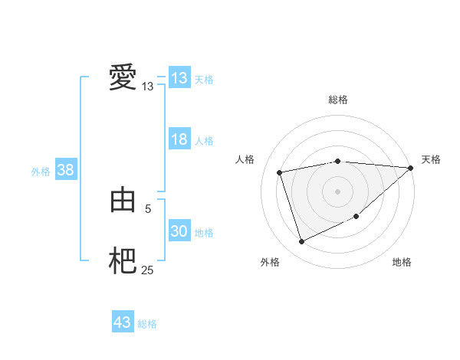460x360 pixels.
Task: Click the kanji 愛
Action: [123, 78]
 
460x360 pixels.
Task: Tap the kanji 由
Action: [123, 200]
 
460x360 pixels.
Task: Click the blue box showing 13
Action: [179, 78]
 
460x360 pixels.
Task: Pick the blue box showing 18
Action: [179, 139]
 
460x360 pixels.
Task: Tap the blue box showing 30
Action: [179, 231]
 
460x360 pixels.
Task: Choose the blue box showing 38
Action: [65, 170]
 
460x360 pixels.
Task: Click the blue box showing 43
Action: [123, 322]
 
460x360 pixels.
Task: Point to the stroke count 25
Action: [148, 270]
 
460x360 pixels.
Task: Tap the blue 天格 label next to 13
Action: [204, 79]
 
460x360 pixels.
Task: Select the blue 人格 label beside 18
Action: [204, 140]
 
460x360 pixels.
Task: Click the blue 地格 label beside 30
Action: [204, 232]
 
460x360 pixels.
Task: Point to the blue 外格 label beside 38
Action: [41, 172]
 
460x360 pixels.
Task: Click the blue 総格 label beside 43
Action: [147, 324]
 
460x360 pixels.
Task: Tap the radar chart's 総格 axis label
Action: [337, 100]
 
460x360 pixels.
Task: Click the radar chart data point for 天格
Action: [411, 168]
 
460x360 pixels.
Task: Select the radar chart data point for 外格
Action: [301, 241]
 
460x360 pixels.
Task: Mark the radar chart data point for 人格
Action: [280, 172]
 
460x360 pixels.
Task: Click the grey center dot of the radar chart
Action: [337, 191]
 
